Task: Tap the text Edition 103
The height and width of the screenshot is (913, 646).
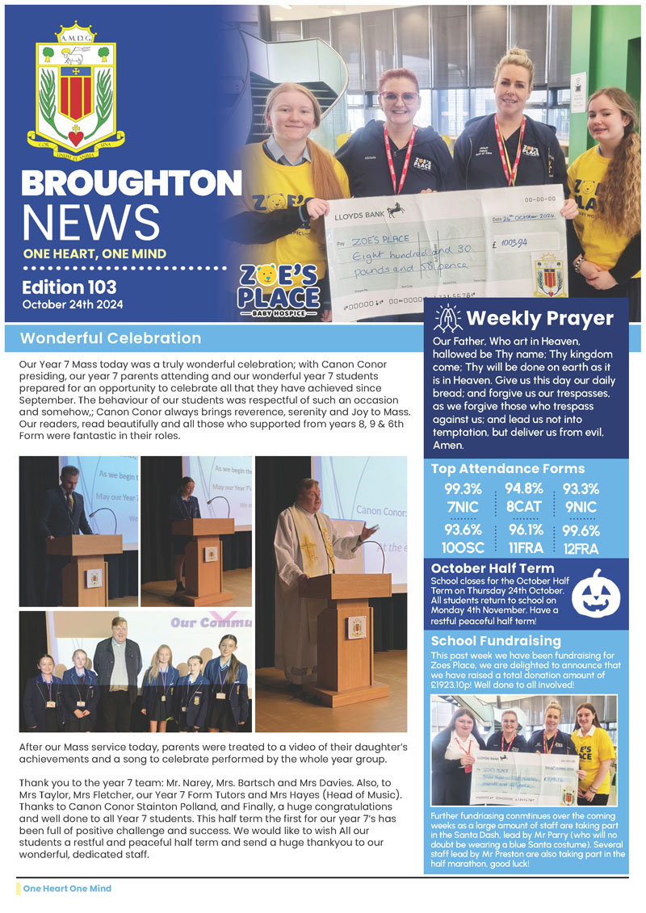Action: [x=69, y=287]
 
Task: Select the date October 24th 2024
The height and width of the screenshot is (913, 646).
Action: [x=70, y=304]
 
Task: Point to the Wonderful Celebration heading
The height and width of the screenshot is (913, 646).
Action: [x=111, y=338]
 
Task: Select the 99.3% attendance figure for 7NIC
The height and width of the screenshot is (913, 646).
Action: [x=463, y=488]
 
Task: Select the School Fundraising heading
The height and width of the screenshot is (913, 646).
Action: [x=496, y=641]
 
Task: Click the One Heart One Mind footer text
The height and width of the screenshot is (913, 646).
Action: [x=67, y=888]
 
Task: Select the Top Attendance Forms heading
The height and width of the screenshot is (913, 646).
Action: [x=507, y=468]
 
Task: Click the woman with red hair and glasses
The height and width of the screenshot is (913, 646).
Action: [x=398, y=129]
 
